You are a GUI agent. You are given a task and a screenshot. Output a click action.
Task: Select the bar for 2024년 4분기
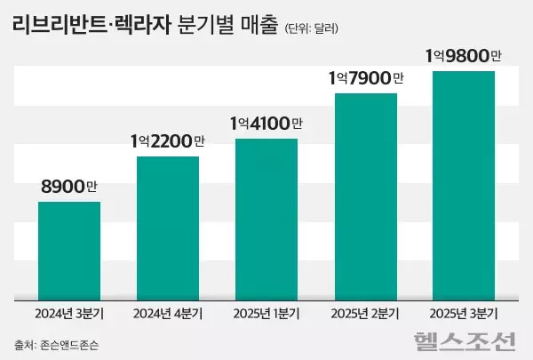[168, 228]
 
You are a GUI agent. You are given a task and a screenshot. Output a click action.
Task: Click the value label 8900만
[69, 188]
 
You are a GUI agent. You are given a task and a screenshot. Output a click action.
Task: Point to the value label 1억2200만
[168, 141]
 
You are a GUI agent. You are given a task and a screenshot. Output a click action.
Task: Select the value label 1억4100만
[266, 124]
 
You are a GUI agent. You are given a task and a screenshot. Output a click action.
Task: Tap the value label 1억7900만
[365, 78]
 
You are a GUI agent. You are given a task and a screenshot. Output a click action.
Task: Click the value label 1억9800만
[463, 56]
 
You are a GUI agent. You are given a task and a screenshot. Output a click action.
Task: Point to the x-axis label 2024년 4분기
[168, 313]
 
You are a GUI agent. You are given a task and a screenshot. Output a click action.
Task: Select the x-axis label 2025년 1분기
[266, 313]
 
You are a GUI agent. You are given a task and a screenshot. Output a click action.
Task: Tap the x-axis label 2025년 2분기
[365, 313]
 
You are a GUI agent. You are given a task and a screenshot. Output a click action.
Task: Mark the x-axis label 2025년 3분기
[463, 313]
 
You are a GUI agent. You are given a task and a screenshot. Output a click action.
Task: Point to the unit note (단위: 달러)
[312, 28]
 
